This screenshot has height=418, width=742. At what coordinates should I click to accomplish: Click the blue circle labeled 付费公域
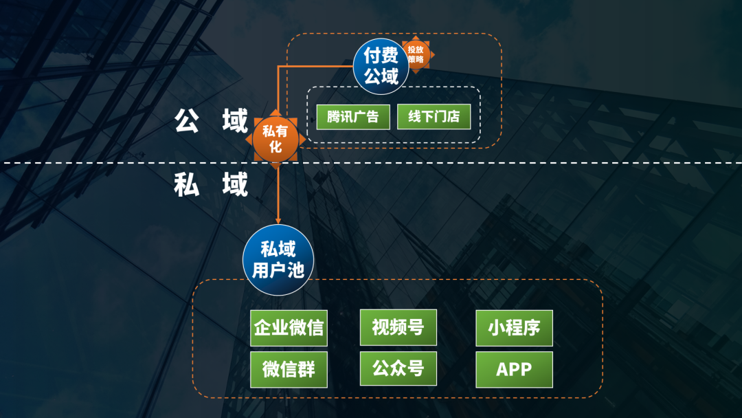[381, 66]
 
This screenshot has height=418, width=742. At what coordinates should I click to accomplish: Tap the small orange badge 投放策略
[416, 54]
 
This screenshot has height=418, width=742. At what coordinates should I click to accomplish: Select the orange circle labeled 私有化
[276, 139]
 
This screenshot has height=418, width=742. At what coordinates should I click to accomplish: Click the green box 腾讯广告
[352, 117]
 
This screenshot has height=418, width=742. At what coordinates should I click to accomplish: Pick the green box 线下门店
[434, 117]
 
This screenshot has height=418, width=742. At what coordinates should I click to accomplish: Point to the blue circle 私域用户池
[278, 260]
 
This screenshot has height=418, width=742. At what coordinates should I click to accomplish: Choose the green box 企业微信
[288, 327]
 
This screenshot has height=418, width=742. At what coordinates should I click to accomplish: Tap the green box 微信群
[288, 369]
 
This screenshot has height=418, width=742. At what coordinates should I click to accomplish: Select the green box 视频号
[398, 327]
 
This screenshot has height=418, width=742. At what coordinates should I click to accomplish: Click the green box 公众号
[398, 368]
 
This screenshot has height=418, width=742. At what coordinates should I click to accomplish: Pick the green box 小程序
[514, 328]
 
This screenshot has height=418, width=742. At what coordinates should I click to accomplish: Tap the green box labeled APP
[514, 369]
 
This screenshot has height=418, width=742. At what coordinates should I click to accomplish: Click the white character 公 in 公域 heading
[187, 121]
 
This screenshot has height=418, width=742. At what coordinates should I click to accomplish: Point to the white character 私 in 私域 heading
[187, 184]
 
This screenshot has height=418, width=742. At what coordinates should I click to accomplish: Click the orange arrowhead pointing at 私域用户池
[278, 219]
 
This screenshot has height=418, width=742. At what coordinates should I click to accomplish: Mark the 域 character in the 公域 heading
[234, 121]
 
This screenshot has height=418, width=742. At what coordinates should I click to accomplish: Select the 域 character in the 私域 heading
[234, 184]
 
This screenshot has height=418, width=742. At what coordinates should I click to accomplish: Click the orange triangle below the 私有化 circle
[276, 166]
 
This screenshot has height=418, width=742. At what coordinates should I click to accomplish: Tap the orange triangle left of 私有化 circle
[249, 140]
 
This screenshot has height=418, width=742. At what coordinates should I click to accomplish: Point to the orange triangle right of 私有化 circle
[302, 140]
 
